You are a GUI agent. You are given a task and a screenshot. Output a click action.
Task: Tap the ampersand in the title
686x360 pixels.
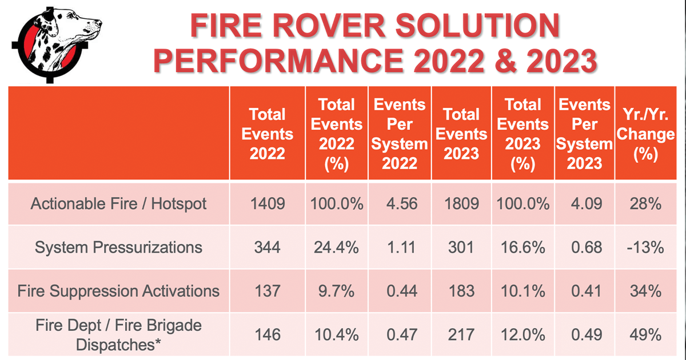pos(505,60)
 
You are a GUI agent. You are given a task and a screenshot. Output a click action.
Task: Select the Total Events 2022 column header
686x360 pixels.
pos(268,134)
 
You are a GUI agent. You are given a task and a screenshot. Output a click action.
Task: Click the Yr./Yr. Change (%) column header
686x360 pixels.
pos(645,134)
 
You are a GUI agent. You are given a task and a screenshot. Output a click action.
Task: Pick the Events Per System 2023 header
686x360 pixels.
pos(584,134)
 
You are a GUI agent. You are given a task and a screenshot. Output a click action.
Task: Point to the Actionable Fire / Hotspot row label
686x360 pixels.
pos(118,204)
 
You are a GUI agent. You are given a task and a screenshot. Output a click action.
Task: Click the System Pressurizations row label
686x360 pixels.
pos(118,247)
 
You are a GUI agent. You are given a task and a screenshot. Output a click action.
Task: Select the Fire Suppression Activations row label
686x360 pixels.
pos(118,291)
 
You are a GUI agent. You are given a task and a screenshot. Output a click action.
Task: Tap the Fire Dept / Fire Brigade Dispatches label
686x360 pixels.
pos(118,335)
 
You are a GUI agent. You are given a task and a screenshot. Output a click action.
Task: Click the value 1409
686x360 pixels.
pos(268,204)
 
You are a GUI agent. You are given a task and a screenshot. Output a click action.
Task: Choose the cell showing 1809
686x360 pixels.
pos(461,204)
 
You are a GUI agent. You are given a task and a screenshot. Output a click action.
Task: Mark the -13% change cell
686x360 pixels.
pos(645,247)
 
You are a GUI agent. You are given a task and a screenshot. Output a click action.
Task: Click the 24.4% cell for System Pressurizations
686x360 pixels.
pos(336,247)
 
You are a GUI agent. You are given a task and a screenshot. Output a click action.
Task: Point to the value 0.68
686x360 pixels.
pos(587,247)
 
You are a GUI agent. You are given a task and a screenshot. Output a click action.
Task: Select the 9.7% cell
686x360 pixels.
pos(336,291)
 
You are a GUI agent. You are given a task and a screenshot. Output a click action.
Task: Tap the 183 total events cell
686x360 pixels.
pos(461,291)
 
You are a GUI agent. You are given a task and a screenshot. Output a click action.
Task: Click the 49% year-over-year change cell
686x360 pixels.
pos(645,335)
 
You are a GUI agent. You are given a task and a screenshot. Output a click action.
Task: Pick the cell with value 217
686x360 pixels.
pos(461,335)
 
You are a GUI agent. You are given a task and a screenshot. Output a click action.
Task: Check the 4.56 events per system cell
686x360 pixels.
pos(402,204)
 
